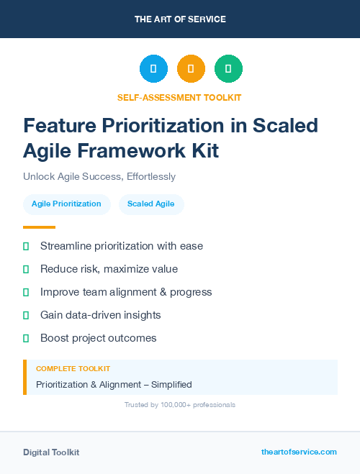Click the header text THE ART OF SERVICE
180,19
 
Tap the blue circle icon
153,69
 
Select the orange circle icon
191,69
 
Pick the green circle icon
228,69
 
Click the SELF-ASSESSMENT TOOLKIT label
179,97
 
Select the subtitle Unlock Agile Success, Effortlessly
99,176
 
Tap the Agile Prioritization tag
66,204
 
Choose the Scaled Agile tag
151,204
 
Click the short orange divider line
34,227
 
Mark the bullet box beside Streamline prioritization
26,247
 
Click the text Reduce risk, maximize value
109,269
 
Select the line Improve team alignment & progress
126,292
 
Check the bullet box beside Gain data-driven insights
26,315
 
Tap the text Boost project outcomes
98,338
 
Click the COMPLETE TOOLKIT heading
73,368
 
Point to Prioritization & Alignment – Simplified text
114,385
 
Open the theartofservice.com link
299,452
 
